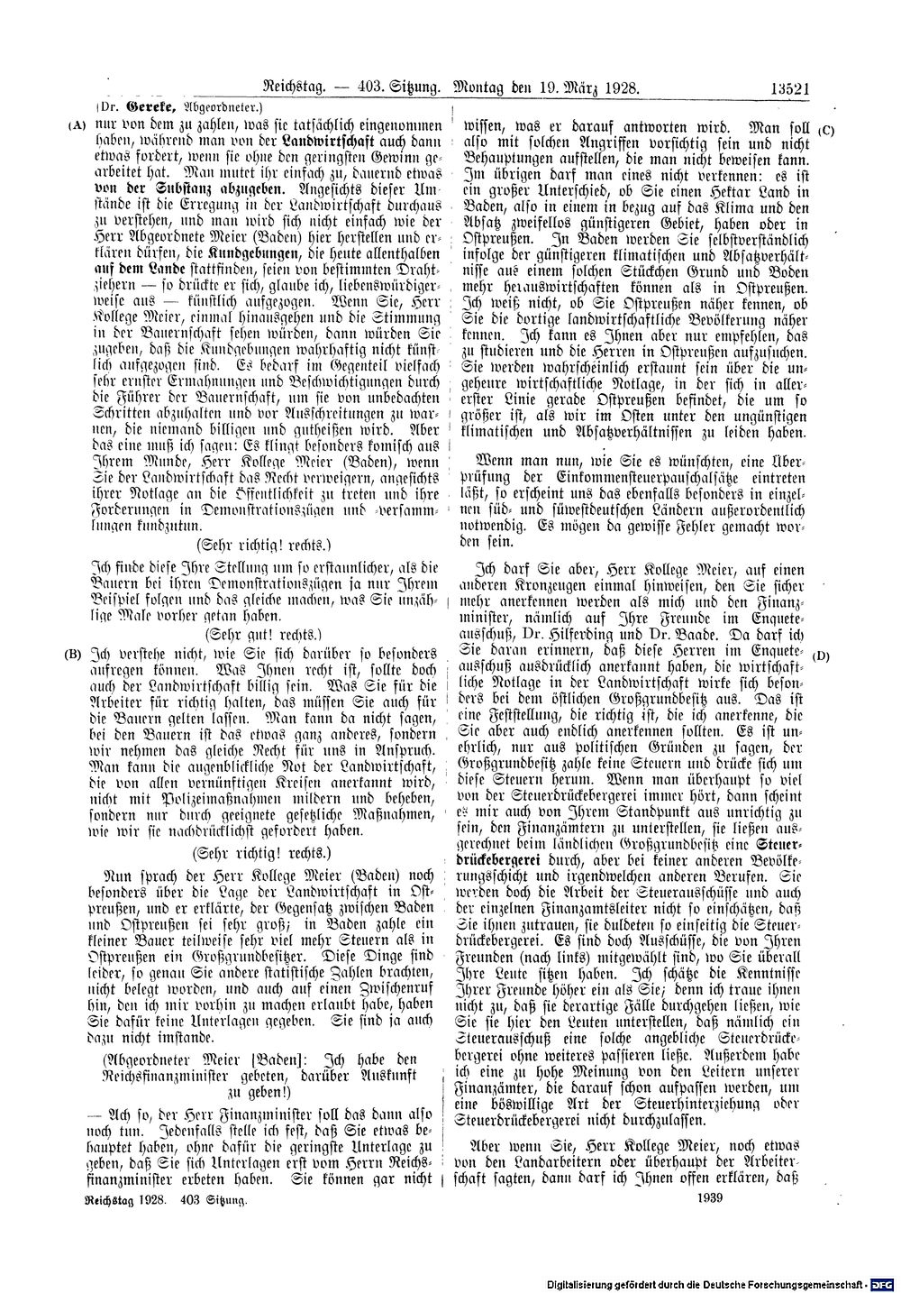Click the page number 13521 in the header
tap(791, 88)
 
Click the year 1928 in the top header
tap(620, 88)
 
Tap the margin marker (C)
tap(827, 129)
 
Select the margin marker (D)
tap(822, 656)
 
